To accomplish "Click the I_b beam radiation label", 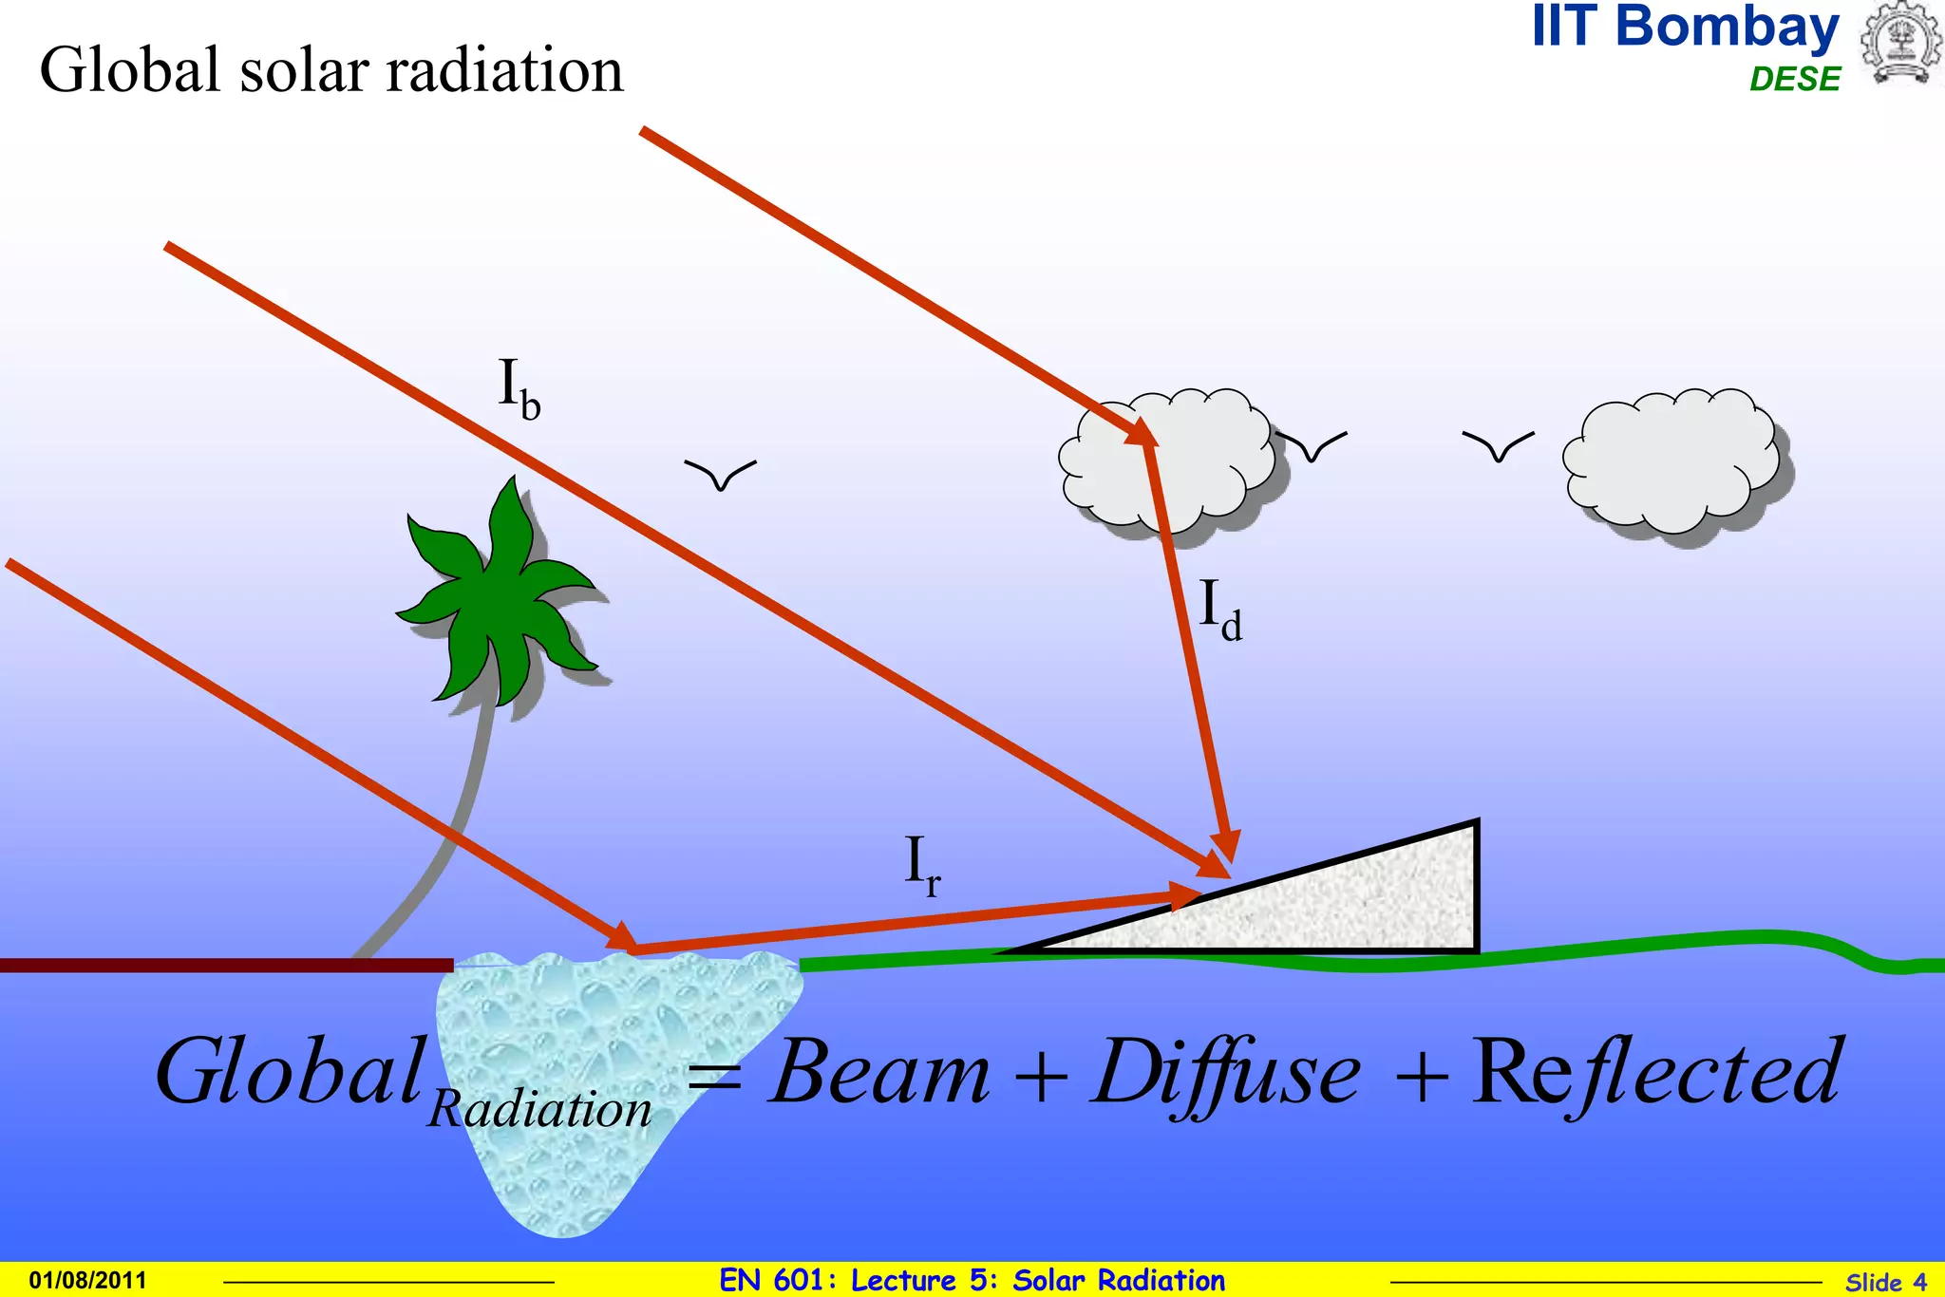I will (519, 388).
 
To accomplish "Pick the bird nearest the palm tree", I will (720, 474).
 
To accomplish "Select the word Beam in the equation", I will (880, 1073).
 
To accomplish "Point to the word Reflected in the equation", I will (1657, 1073).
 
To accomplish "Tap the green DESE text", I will (1794, 79).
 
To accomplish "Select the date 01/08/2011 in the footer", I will (88, 1280).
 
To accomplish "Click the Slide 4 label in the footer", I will (1885, 1282).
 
